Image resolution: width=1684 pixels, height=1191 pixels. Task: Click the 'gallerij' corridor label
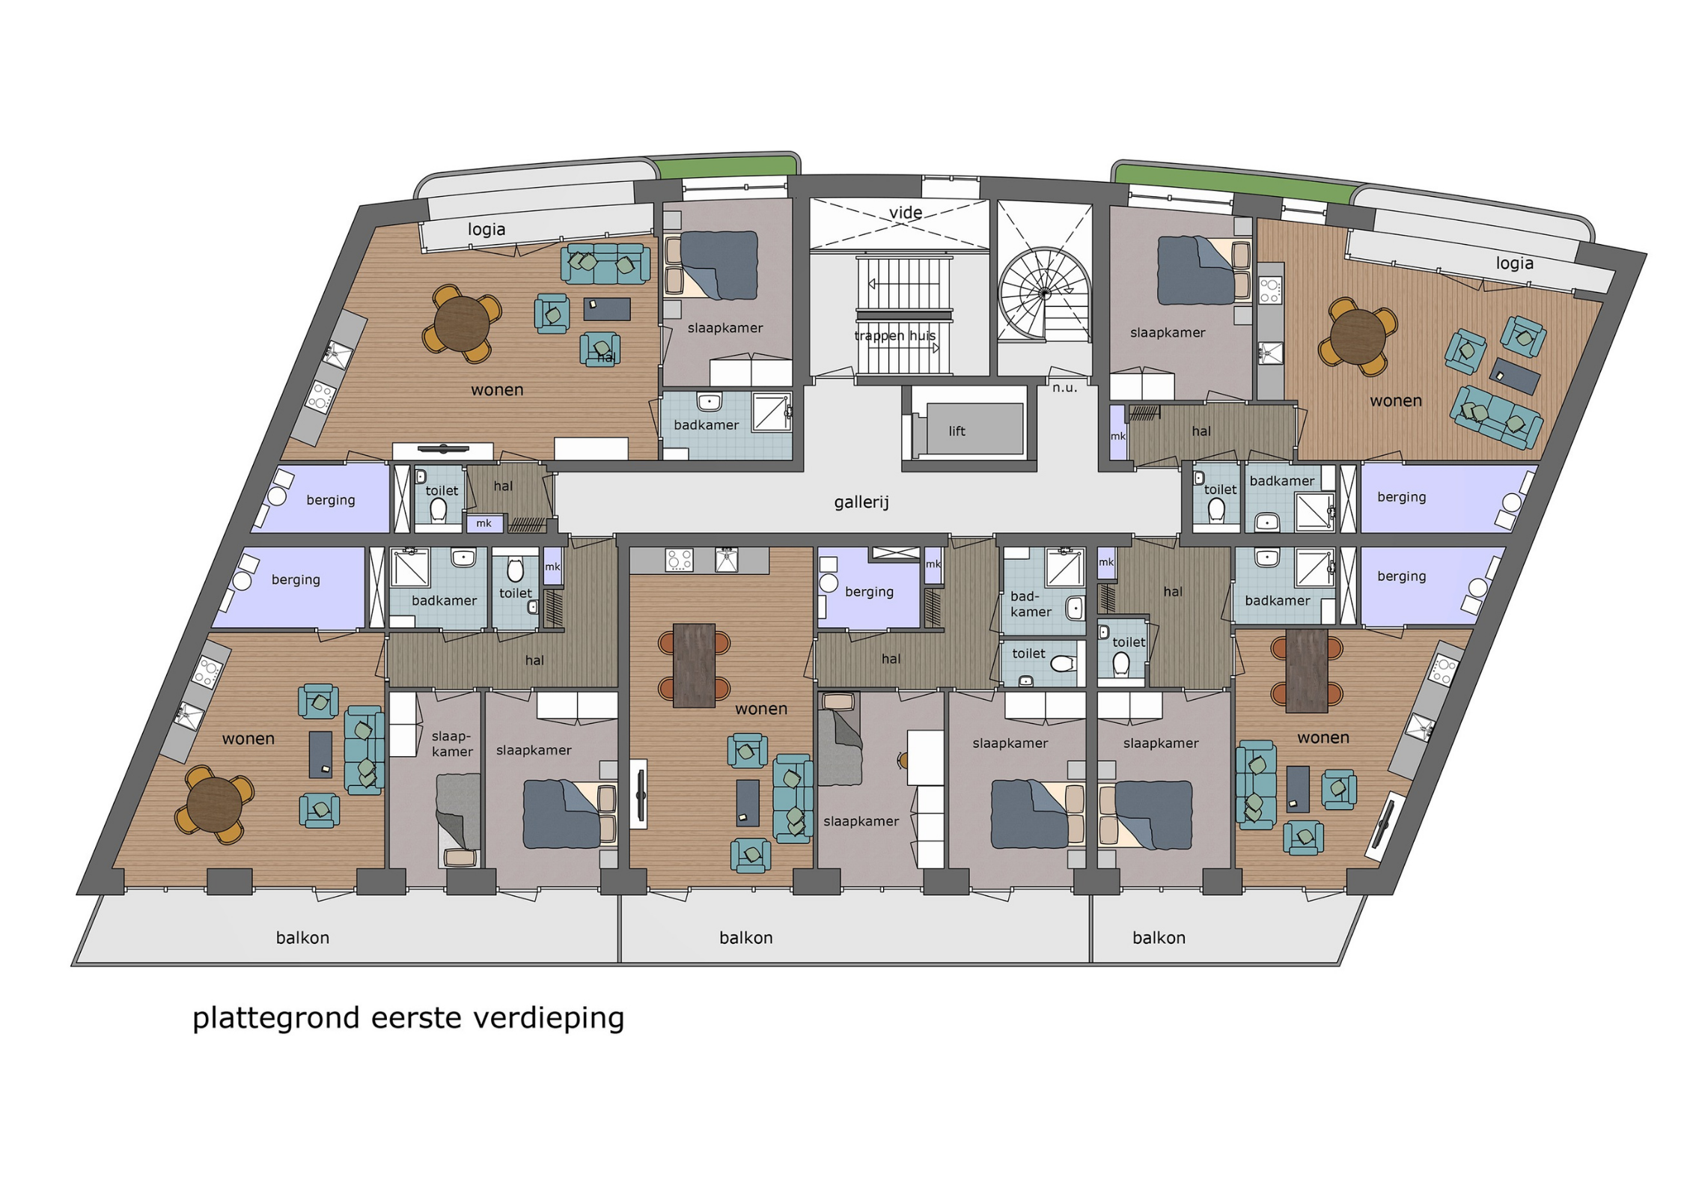point(861,502)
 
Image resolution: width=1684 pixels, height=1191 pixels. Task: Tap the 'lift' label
point(957,431)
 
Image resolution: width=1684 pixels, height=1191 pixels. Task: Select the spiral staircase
point(1044,294)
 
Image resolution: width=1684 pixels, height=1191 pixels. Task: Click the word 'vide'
point(906,213)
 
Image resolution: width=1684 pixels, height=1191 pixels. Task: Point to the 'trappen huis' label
point(895,335)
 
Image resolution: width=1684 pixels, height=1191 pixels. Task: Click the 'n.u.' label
point(1064,388)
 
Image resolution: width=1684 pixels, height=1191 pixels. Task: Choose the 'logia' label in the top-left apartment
point(486,229)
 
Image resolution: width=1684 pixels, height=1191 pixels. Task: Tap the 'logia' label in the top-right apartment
point(1515,263)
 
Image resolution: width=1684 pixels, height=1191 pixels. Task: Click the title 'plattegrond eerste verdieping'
point(409,1019)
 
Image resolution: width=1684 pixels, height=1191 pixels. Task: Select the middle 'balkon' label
point(745,938)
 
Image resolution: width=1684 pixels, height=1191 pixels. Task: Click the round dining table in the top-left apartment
point(462,324)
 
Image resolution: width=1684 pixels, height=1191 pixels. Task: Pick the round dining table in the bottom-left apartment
point(215,805)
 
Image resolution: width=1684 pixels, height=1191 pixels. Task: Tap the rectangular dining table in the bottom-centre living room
point(694,665)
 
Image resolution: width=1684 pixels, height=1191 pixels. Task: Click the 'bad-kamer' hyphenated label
point(1031,604)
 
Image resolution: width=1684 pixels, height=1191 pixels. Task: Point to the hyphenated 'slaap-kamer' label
point(452,744)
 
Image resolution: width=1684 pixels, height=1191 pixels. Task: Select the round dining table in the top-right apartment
point(1358,337)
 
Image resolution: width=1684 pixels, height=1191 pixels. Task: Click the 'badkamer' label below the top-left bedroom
point(706,425)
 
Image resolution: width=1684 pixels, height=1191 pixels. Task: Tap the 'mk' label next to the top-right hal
point(1117,436)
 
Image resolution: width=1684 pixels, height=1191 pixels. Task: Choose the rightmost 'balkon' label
point(1159,938)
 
